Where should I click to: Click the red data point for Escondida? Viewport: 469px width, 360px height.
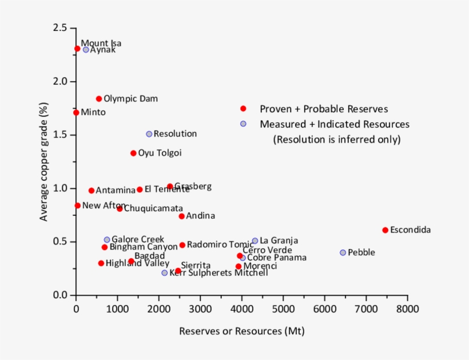pyautogui.click(x=385, y=230)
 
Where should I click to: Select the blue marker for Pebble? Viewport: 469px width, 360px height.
pyautogui.click(x=343, y=252)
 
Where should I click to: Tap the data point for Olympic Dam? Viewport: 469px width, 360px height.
pyautogui.click(x=99, y=99)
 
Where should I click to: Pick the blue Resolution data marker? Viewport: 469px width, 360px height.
pyautogui.click(x=149, y=134)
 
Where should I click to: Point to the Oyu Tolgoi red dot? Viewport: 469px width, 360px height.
pyautogui.click(x=133, y=153)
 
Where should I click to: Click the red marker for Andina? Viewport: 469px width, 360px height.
pyautogui.click(x=181, y=216)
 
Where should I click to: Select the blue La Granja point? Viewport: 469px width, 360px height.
pyautogui.click(x=255, y=241)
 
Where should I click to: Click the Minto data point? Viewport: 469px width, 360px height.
pyautogui.click(x=76, y=113)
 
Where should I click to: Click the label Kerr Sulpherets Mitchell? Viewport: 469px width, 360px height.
pyautogui.click(x=218, y=273)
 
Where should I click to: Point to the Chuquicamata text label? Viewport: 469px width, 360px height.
pyautogui.click(x=153, y=208)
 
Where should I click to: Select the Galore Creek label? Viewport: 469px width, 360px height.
pyautogui.click(x=138, y=239)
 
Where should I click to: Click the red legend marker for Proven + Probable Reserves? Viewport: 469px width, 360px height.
pyautogui.click(x=243, y=109)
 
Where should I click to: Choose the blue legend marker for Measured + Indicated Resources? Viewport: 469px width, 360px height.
pyautogui.click(x=243, y=124)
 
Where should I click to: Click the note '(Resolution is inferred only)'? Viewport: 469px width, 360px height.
pyautogui.click(x=336, y=139)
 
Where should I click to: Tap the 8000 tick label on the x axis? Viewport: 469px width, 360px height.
pyautogui.click(x=407, y=309)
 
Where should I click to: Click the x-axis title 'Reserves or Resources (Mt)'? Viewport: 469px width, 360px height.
pyautogui.click(x=241, y=331)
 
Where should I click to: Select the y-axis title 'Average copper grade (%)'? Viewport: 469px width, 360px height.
pyautogui.click(x=43, y=161)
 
